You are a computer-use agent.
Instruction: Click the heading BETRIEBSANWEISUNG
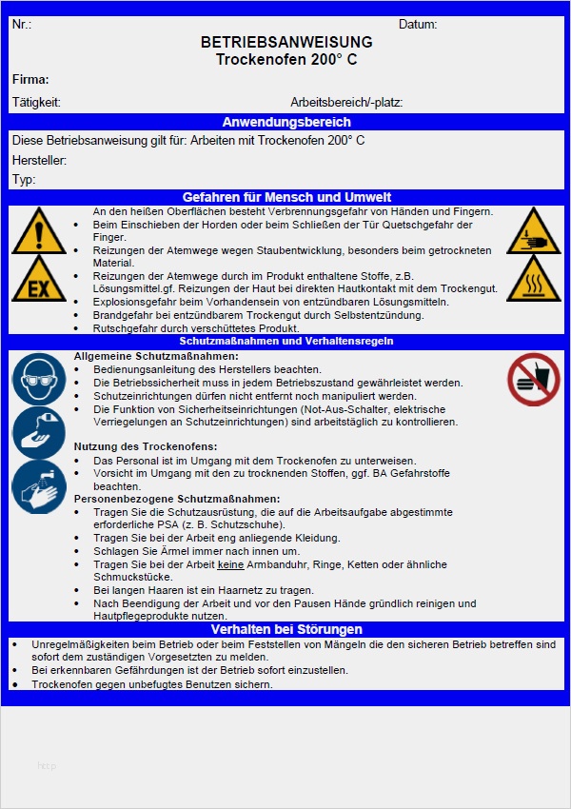click(286, 43)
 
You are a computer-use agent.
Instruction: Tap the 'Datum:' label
click(418, 25)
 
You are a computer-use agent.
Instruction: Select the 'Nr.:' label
click(22, 25)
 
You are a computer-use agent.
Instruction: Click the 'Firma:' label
click(30, 80)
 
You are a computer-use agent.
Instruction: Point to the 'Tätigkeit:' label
click(36, 102)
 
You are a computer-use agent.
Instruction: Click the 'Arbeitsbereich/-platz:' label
click(346, 102)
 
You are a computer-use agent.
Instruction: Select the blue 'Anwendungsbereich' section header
click(286, 122)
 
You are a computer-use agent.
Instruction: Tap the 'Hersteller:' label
click(39, 160)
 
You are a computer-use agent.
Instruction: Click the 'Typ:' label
click(24, 179)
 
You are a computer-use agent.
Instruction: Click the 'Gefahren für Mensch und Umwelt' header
click(286, 197)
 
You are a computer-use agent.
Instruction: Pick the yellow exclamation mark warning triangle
click(38, 229)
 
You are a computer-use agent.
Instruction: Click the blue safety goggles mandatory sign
click(38, 377)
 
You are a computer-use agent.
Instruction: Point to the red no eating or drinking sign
click(533, 378)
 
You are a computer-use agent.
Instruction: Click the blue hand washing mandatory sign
click(38, 487)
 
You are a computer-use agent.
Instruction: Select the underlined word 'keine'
click(230, 564)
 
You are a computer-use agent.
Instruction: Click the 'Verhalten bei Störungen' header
click(286, 629)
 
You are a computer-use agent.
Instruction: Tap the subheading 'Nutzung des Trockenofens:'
click(146, 446)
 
